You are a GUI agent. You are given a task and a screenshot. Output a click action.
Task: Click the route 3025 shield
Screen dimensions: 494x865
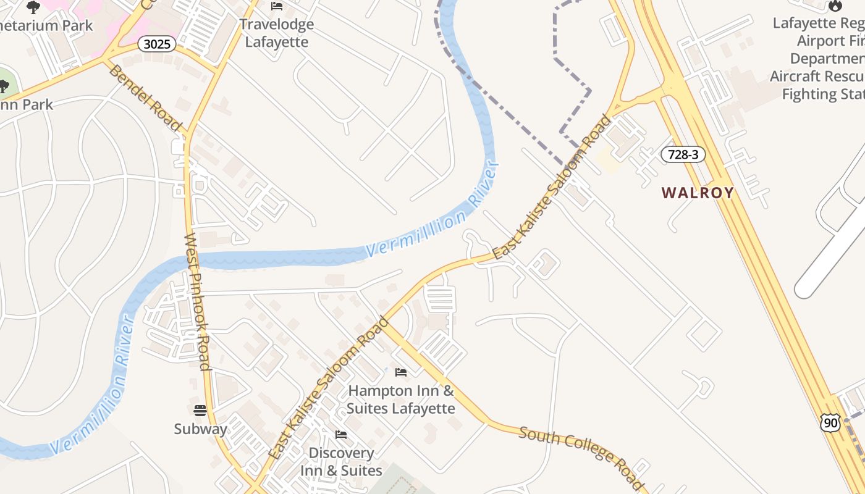(x=158, y=44)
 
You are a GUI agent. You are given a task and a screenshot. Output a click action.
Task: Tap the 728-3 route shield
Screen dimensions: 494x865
(x=683, y=154)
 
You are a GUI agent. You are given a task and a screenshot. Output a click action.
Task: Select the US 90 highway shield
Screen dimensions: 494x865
(x=830, y=422)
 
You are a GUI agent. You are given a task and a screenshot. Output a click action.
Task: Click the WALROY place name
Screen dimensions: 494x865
(x=698, y=193)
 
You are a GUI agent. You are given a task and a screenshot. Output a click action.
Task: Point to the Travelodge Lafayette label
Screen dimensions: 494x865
(x=276, y=33)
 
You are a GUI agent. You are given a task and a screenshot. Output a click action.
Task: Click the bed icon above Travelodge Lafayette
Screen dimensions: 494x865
(x=277, y=7)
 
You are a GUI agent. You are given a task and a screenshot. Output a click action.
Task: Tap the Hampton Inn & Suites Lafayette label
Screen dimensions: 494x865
(x=400, y=400)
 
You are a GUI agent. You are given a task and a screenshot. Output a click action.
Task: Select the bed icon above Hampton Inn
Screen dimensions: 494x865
(x=401, y=372)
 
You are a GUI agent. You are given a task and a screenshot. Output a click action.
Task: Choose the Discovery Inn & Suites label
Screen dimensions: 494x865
(x=341, y=461)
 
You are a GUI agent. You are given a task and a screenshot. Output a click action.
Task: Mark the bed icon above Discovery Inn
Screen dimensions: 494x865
(x=341, y=435)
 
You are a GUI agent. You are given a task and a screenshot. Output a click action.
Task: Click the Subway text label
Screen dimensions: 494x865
(x=200, y=429)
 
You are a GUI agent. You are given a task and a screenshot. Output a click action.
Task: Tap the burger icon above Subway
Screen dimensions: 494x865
(x=200, y=410)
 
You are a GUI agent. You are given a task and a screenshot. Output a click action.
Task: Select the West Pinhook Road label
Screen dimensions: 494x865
(x=198, y=301)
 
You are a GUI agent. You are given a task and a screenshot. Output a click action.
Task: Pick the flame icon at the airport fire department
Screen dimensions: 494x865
(x=835, y=6)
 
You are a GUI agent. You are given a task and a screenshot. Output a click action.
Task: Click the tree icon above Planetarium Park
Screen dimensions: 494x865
(x=33, y=7)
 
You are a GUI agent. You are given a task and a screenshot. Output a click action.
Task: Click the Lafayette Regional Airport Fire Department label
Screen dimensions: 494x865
(x=818, y=59)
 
